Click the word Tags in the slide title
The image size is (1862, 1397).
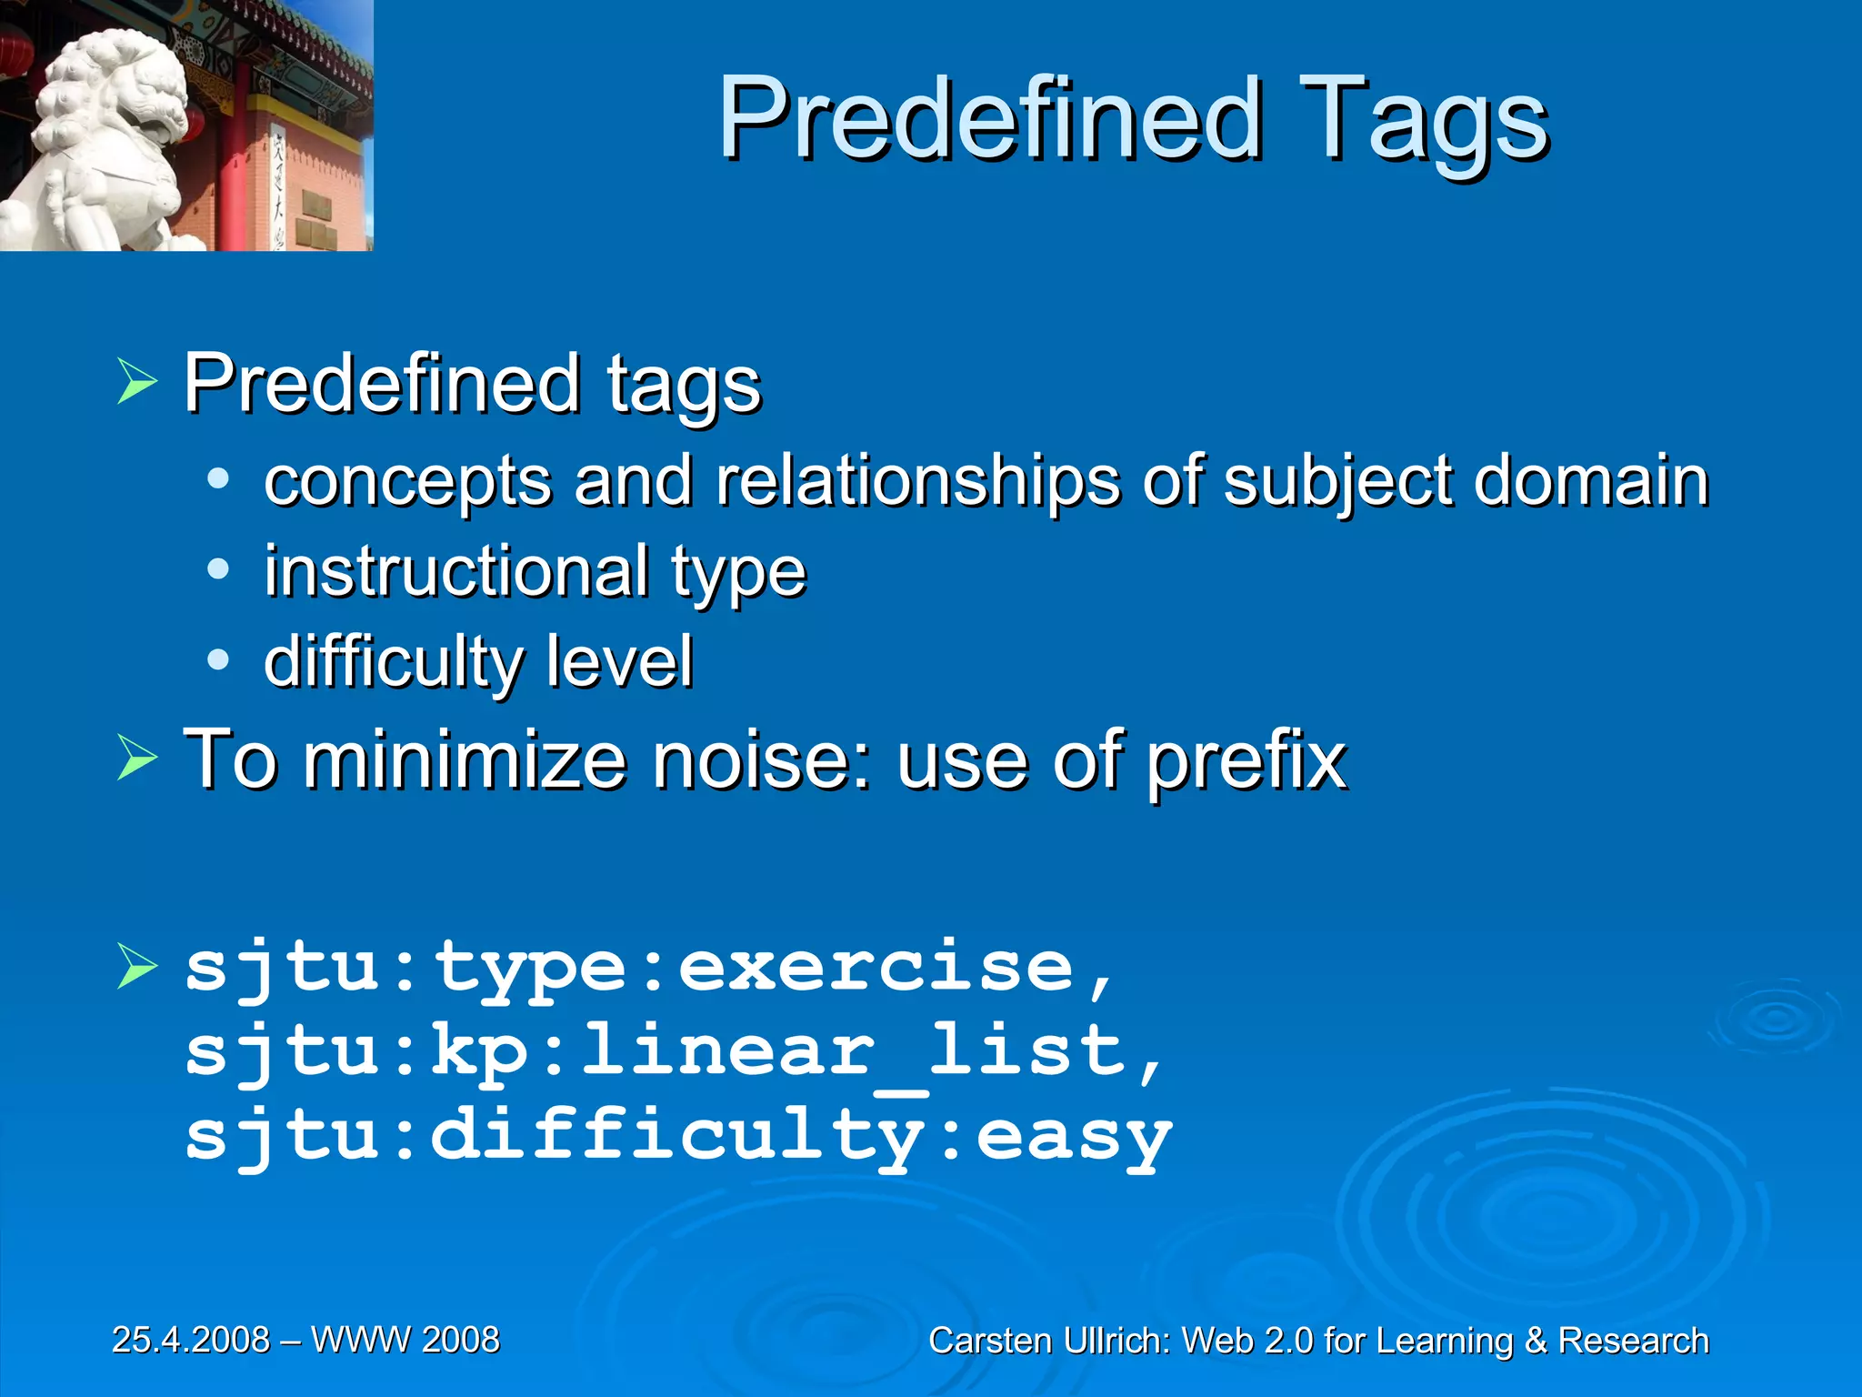pyautogui.click(x=1423, y=123)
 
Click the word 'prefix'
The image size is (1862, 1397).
pyautogui.click(x=1246, y=762)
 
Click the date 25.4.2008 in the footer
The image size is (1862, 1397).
pyautogui.click(x=191, y=1340)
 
